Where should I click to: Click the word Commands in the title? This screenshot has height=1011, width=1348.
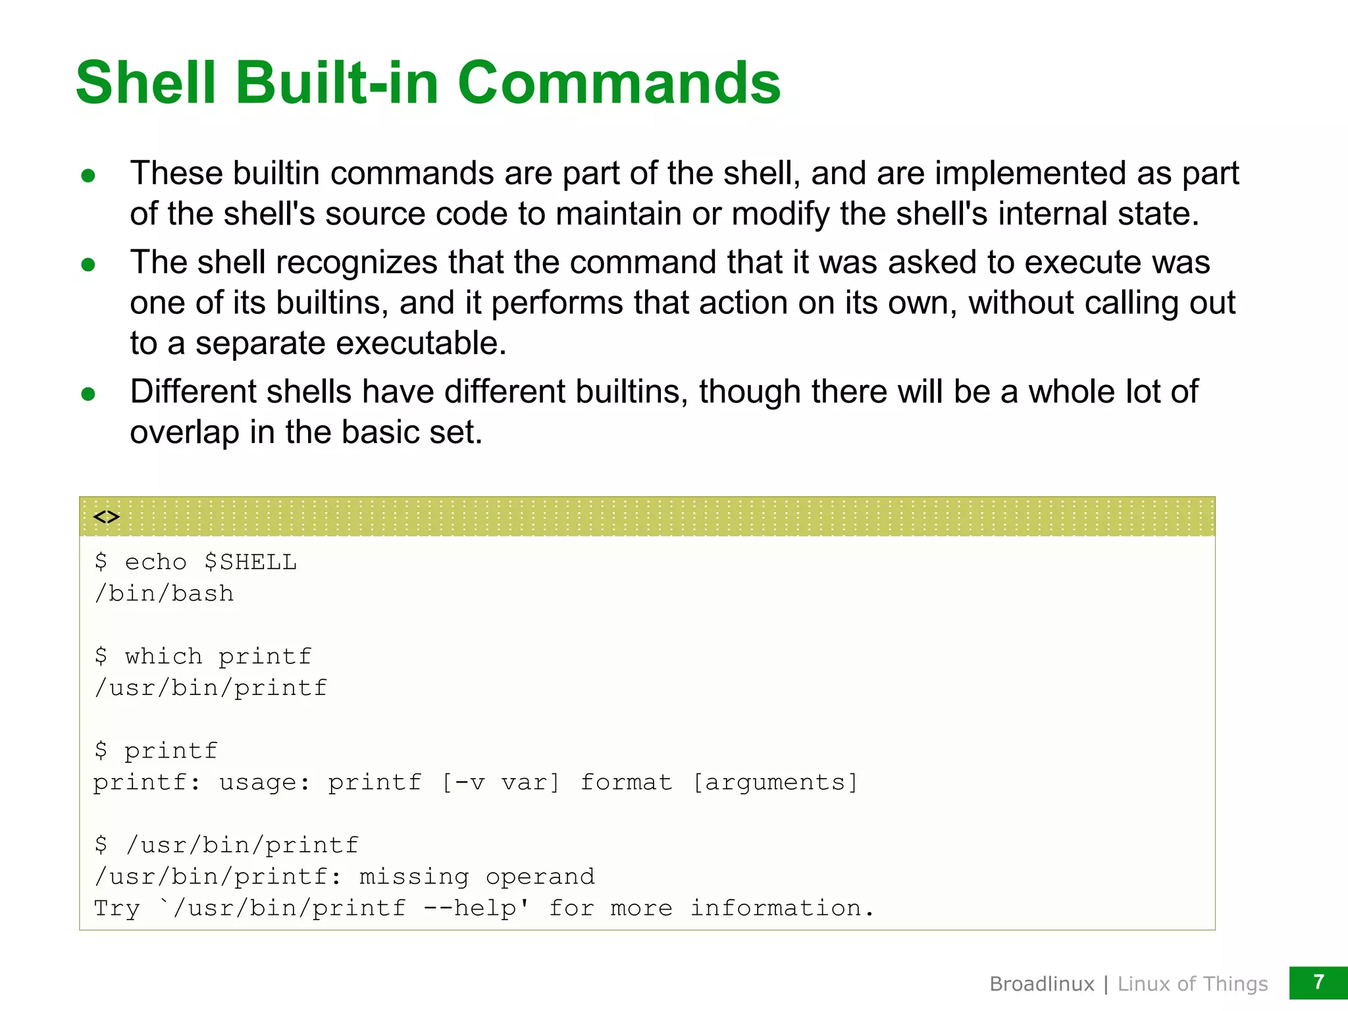tap(619, 83)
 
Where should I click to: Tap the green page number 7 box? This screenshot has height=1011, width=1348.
tap(1318, 983)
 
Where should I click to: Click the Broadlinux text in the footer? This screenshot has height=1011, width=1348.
tap(1041, 984)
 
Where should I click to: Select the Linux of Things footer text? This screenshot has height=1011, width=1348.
tap(1192, 984)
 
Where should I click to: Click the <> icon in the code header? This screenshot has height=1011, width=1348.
tap(106, 517)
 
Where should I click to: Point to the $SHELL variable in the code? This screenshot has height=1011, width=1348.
tap(250, 562)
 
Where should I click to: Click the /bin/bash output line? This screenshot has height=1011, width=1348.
tap(164, 594)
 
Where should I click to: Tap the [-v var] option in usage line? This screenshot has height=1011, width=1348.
tap(500, 783)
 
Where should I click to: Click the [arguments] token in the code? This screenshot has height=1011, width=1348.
tap(775, 783)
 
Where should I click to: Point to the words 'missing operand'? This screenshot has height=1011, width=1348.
tap(477, 877)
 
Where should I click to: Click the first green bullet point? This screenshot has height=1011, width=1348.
tap(88, 176)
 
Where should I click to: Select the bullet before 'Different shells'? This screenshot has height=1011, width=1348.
tap(88, 394)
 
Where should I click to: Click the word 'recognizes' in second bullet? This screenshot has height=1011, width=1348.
tap(356, 263)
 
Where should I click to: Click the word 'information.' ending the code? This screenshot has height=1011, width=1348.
tap(782, 908)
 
